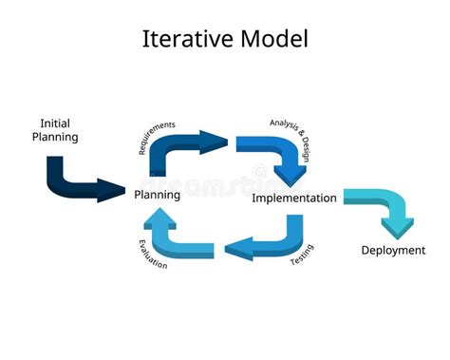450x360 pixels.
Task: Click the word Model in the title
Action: click(x=274, y=40)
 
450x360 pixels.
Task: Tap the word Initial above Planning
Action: click(x=55, y=123)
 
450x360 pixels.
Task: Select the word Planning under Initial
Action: click(x=55, y=137)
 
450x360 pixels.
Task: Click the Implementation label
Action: click(x=293, y=199)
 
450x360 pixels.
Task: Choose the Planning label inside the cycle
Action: click(x=157, y=195)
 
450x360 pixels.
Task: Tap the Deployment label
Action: click(x=393, y=251)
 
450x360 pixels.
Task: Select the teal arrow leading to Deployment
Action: click(x=379, y=204)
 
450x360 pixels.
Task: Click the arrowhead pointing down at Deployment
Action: click(x=397, y=228)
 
